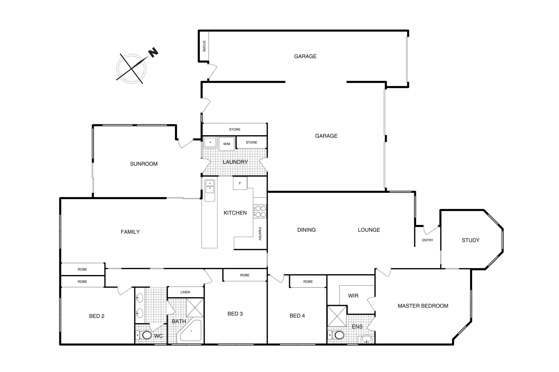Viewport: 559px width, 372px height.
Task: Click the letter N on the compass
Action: pyautogui.click(x=153, y=52)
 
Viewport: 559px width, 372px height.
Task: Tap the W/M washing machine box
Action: pyautogui.click(x=227, y=144)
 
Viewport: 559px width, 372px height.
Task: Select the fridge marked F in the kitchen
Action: pyautogui.click(x=240, y=183)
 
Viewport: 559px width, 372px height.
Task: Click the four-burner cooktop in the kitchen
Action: pyautogui.click(x=260, y=211)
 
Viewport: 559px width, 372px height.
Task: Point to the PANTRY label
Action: pyautogui.click(x=260, y=234)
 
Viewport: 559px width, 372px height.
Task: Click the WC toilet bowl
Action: pyautogui.click(x=146, y=335)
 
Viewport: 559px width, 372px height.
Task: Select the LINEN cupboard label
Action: pyautogui.click(x=185, y=292)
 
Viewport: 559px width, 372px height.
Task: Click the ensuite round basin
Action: pyautogui.click(x=366, y=340)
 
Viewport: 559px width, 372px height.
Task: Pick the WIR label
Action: pyautogui.click(x=353, y=296)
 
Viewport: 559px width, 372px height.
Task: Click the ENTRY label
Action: pyautogui.click(x=427, y=240)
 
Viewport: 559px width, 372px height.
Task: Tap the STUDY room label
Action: pyautogui.click(x=470, y=240)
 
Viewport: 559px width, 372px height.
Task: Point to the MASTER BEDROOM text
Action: pyautogui.click(x=423, y=306)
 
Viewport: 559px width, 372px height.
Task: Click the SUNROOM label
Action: pyautogui.click(x=144, y=164)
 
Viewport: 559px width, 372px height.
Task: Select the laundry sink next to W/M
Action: pyautogui.click(x=210, y=142)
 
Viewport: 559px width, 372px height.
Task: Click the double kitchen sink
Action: pyautogui.click(x=209, y=187)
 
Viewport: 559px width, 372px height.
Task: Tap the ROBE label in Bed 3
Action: pyautogui.click(x=245, y=275)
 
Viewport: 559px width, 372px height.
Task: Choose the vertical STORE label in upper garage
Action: pyautogui.click(x=204, y=46)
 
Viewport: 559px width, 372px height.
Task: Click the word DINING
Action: pyautogui.click(x=306, y=230)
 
